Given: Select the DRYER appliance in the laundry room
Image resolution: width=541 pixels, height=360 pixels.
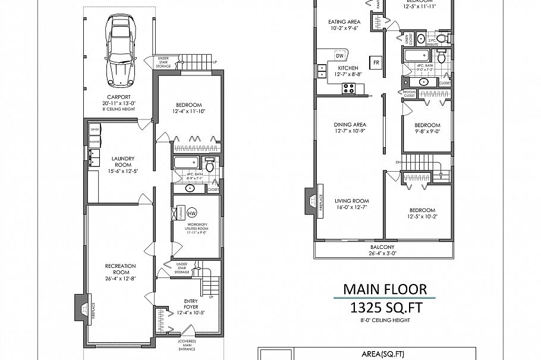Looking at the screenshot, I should (95, 130).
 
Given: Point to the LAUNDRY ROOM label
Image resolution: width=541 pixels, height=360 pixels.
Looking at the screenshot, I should (123, 162).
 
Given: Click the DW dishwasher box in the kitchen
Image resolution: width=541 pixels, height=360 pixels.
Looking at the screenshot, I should (339, 56).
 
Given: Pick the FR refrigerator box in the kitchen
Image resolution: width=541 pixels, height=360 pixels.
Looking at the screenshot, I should (376, 62).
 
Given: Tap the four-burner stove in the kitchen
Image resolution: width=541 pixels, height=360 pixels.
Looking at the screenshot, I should (348, 89).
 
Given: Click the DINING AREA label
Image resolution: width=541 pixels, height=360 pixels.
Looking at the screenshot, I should (350, 125).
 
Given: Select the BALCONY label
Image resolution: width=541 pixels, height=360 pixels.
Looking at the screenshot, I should (383, 247).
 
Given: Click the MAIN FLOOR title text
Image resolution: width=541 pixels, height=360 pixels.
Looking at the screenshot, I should (385, 289).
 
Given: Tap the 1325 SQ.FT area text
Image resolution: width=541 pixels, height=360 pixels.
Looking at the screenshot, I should (385, 309).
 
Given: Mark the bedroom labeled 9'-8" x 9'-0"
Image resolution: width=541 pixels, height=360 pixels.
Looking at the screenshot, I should (427, 128).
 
